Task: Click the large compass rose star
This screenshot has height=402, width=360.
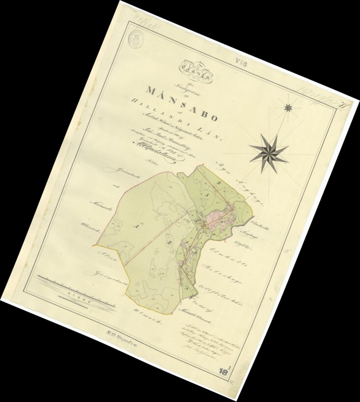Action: (x=269, y=153)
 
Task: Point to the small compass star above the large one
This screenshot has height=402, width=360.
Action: (x=288, y=107)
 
